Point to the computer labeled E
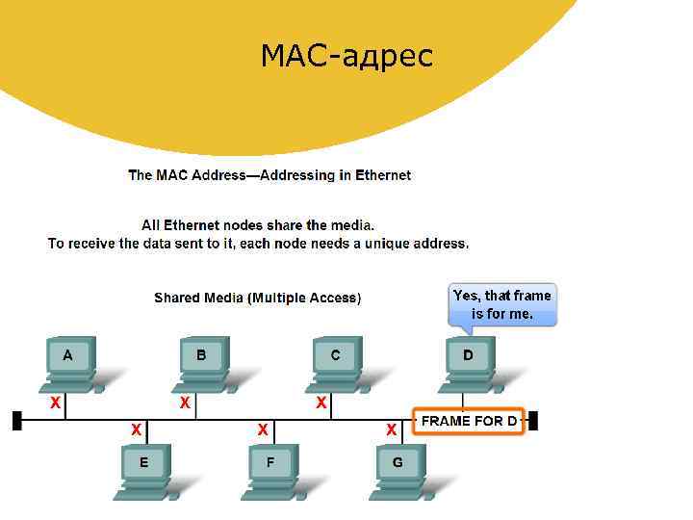point(144,469)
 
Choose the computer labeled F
point(270,469)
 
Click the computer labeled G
point(398,469)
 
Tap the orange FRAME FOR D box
point(469,421)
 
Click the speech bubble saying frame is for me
point(502,305)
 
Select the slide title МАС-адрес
point(346,56)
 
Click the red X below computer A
point(56,402)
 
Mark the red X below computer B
point(184,402)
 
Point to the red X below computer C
point(321,402)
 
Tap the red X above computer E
point(137,429)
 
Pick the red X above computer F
point(262,429)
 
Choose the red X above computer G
point(391,429)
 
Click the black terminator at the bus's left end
point(16,421)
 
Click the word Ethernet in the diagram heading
point(383,175)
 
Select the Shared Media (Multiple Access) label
point(258,299)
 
